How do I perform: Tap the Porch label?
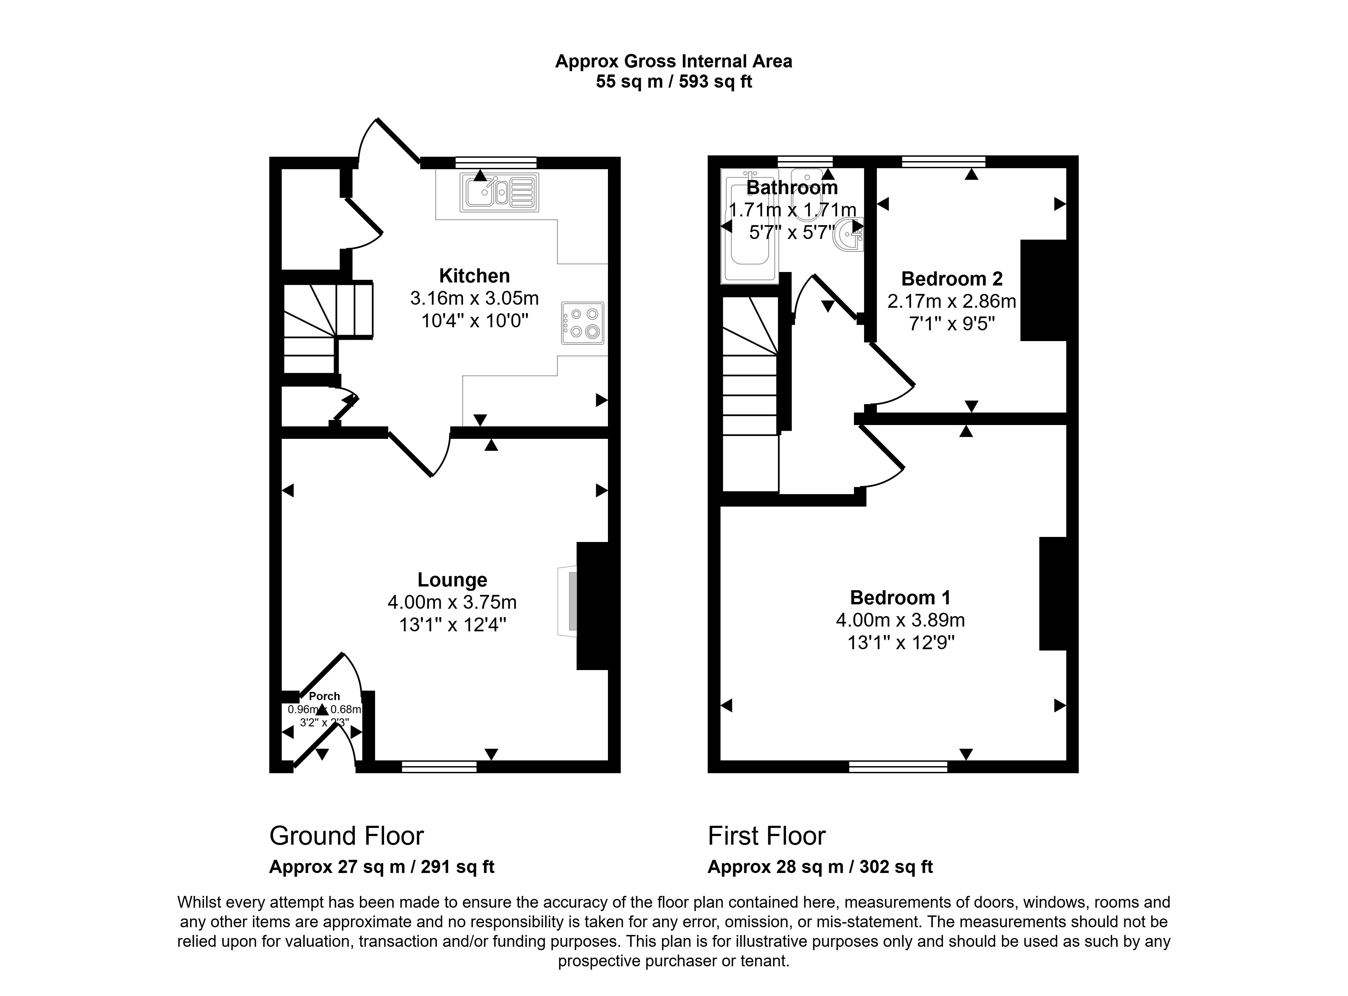tap(324, 696)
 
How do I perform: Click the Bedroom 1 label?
tap(900, 598)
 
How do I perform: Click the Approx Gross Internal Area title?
tap(673, 61)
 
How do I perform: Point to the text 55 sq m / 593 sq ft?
tap(673, 81)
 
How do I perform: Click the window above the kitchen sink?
tap(495, 162)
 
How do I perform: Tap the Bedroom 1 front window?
tap(898, 766)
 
